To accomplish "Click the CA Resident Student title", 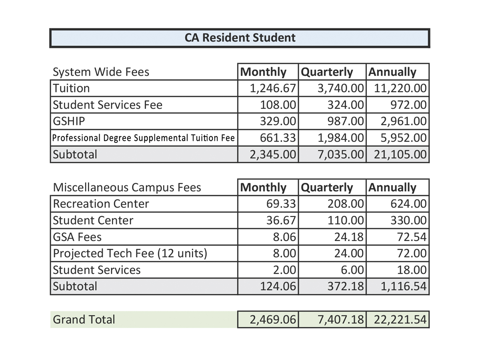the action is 240,38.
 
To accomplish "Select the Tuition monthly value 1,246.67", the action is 273,88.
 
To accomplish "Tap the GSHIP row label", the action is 69,121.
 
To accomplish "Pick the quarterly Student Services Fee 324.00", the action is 346,105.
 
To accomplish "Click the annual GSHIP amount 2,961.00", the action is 404,121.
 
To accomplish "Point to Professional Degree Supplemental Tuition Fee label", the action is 144,138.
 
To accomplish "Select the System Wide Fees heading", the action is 101,72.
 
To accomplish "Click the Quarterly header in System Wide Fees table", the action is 327,72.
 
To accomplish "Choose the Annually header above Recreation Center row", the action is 392,188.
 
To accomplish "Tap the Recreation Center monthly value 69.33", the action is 281,204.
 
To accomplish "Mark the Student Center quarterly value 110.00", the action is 346,220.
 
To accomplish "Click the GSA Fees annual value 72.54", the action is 412,237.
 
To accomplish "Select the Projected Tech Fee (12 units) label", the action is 130,254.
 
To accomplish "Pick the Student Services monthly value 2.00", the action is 284,270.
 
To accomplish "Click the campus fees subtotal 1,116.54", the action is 404,286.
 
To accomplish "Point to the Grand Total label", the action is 84,320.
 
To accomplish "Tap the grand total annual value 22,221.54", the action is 400,320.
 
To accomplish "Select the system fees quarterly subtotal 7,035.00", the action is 340,154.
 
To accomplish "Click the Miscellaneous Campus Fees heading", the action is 127,188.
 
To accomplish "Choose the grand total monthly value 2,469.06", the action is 273,320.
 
